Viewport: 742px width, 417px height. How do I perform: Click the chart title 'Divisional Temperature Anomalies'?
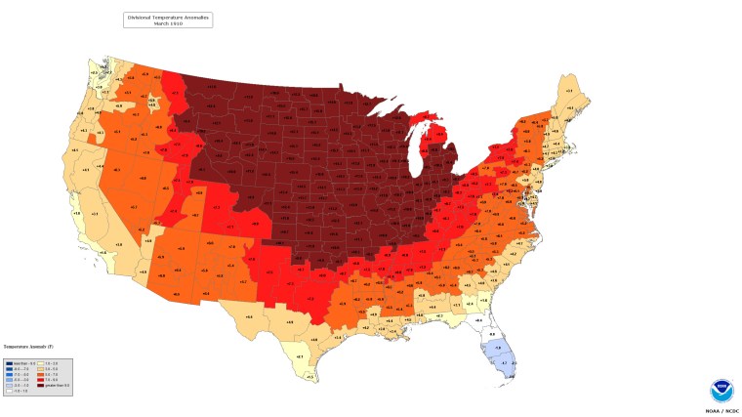tap(167, 17)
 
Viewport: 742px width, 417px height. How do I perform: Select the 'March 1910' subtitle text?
tap(167, 22)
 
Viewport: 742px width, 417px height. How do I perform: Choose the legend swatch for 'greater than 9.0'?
tap(40, 385)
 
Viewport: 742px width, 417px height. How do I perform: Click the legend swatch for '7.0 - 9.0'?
tap(40, 380)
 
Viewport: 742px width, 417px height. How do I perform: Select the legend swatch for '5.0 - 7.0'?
tap(40, 374)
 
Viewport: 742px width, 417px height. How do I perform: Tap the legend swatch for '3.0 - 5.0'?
tap(40, 368)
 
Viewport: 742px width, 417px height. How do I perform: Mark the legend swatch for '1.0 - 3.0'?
tap(40, 362)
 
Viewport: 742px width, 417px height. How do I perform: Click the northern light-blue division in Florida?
tap(494, 347)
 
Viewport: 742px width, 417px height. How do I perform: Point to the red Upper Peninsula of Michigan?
tap(422, 122)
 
